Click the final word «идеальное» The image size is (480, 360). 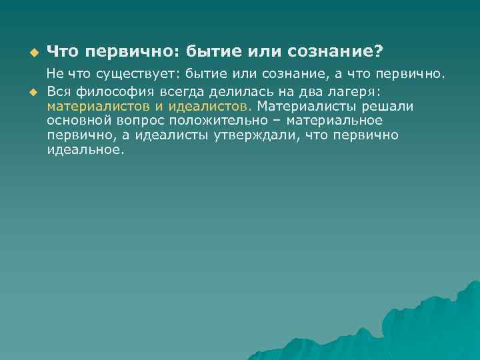pyautogui.click(x=86, y=149)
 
